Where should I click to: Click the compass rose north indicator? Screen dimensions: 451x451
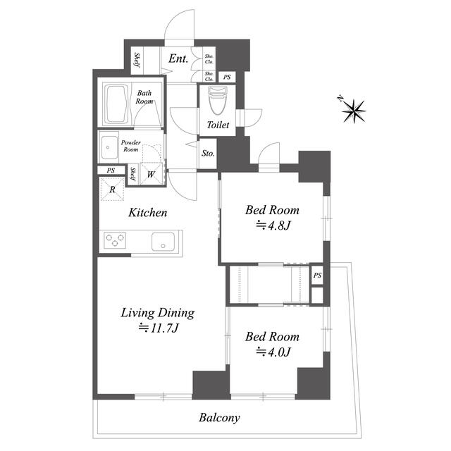click(354, 110)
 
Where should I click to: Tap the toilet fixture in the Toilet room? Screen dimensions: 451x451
click(218, 101)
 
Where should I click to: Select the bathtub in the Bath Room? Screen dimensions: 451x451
click(116, 104)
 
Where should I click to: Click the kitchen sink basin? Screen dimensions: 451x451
click(163, 241)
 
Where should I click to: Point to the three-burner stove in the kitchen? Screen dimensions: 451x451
click(115, 240)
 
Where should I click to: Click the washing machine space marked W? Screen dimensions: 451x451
click(151, 174)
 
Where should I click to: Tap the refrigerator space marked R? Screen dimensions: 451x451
click(112, 189)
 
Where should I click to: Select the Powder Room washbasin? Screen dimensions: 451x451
click(109, 147)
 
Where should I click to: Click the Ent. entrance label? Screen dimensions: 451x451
click(178, 58)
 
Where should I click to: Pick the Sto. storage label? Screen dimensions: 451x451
click(208, 154)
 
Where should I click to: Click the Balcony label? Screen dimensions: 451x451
click(219, 418)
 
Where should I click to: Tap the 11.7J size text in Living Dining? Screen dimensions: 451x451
click(159, 328)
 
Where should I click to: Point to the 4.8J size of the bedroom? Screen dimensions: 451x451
click(273, 225)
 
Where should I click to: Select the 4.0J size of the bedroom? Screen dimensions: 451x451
click(273, 352)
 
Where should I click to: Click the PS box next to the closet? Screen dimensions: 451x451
click(317, 276)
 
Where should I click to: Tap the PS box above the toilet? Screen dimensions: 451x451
click(227, 77)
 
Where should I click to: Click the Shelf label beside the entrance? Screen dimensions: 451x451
click(137, 60)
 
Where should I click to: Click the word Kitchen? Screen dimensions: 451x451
click(147, 213)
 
